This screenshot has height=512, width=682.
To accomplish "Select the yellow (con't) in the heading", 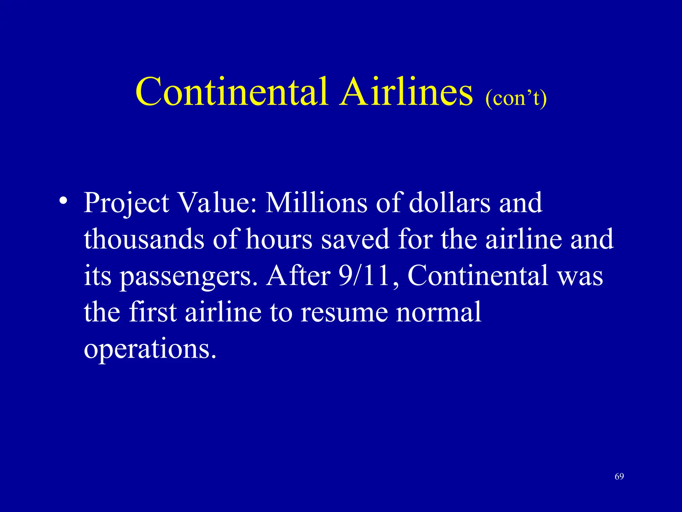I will click(516, 99).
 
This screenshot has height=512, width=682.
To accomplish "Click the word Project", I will click(126, 203).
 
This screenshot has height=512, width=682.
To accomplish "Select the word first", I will click(153, 312).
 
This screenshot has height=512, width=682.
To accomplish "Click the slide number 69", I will click(619, 476).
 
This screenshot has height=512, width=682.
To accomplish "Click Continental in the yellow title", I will click(232, 92).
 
